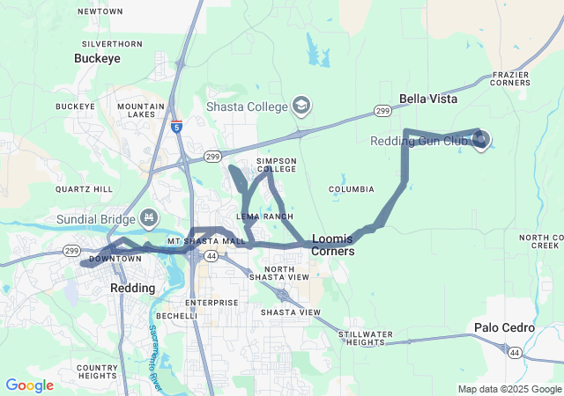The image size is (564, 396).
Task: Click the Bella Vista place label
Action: click(x=428, y=99)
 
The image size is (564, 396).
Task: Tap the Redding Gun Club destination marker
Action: click(x=480, y=139)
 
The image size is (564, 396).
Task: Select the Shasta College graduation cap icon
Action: click(x=301, y=106)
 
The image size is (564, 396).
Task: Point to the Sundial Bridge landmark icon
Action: click(x=149, y=217)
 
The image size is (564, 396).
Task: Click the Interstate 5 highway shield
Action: click(x=177, y=127)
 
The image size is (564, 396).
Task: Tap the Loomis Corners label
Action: click(x=333, y=245)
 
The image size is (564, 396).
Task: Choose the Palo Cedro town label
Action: click(x=504, y=327)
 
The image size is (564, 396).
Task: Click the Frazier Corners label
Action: click(x=511, y=78)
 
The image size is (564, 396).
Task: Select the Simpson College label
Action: click(x=276, y=165)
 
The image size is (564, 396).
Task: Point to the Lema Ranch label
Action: click(x=264, y=216)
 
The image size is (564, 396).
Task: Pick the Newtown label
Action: click(x=100, y=11)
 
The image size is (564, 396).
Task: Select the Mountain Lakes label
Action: click(x=141, y=110)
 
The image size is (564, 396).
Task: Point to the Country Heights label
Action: click(x=97, y=371)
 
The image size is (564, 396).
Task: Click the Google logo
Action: click(x=29, y=385)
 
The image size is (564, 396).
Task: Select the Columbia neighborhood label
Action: click(x=352, y=189)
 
